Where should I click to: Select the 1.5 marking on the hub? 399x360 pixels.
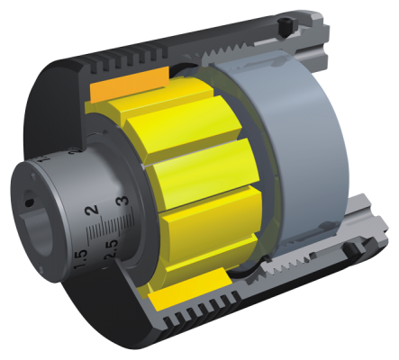(80, 259)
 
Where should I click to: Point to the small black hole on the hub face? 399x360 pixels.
(29, 202)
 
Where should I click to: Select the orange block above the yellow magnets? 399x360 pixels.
(130, 84)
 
